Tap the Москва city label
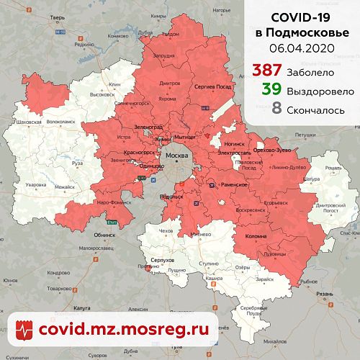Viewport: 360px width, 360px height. (x=176, y=156)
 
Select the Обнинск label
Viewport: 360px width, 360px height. (x=104, y=235)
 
